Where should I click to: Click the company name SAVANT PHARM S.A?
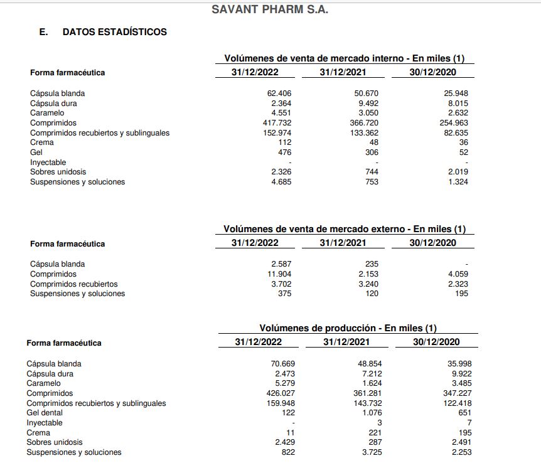tap(270, 9)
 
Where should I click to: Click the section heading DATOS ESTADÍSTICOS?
tap(114, 31)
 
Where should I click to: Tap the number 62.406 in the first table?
tap(279, 93)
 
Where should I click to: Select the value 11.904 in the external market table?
tap(279, 274)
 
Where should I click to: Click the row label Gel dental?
tap(45, 413)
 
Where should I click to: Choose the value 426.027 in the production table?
tap(281, 393)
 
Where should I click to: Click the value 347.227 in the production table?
tap(458, 393)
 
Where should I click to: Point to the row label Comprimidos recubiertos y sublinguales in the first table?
tap(100, 133)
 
